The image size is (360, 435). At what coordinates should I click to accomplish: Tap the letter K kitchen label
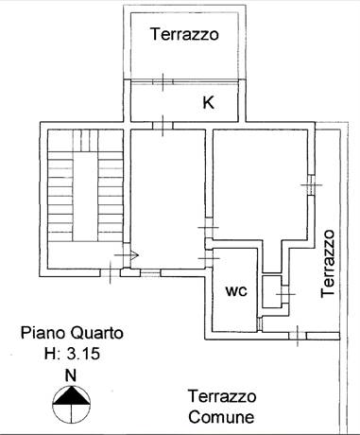click(x=208, y=103)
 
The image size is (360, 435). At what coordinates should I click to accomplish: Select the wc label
click(x=235, y=291)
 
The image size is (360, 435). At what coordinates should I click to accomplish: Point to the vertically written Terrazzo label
click(x=328, y=264)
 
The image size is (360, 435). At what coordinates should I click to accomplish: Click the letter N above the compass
click(x=70, y=375)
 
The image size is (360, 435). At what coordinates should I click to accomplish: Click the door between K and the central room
click(x=166, y=122)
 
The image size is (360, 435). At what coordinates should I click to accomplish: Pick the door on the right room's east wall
click(x=310, y=185)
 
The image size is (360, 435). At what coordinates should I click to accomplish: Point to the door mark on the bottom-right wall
click(x=297, y=334)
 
